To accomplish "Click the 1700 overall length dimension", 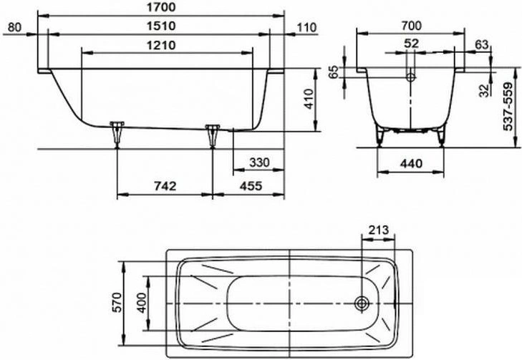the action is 161,7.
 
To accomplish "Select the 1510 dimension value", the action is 161,26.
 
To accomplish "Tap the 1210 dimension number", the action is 161,45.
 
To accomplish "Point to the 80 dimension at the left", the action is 14,27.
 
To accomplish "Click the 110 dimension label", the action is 306,28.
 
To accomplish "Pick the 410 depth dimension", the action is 309,99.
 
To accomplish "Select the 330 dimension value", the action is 259,162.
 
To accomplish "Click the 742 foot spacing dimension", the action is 165,186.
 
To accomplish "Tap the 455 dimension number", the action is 251,186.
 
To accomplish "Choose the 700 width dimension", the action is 411,26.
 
